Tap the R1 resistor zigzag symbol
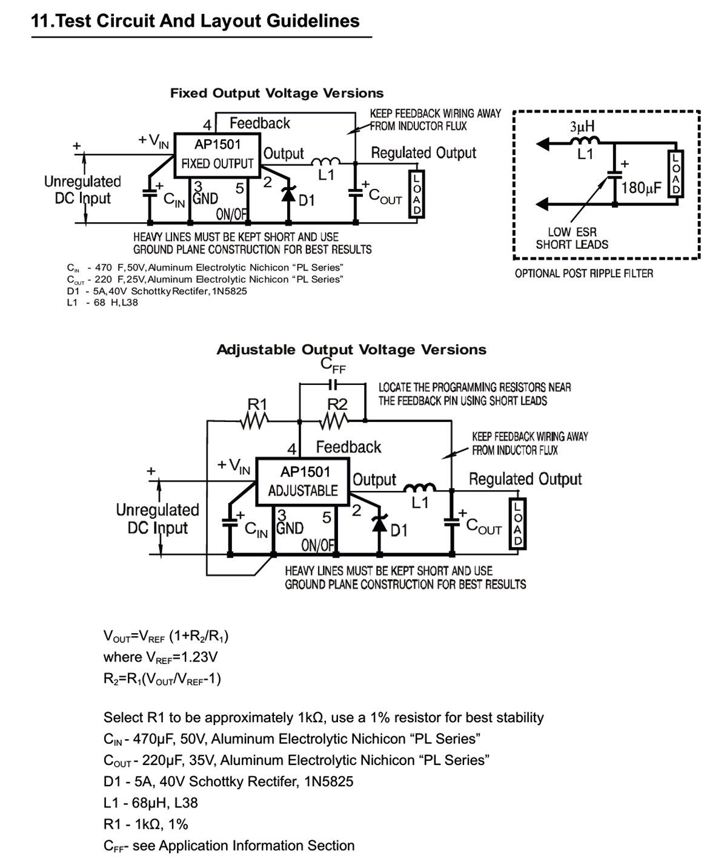coord(254,422)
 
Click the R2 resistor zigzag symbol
coord(334,422)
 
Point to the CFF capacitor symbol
coord(333,384)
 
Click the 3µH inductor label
coord(582,126)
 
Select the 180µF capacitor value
coord(641,188)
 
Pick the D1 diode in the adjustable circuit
coord(379,524)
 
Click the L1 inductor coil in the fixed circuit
coord(325,161)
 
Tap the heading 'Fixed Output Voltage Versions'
coord(277,93)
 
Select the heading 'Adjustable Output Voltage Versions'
coord(351,350)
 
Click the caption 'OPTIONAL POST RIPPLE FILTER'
coord(583,274)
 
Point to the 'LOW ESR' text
coord(572,232)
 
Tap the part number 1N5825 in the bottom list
coord(328,781)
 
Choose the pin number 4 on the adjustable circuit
coord(291,449)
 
